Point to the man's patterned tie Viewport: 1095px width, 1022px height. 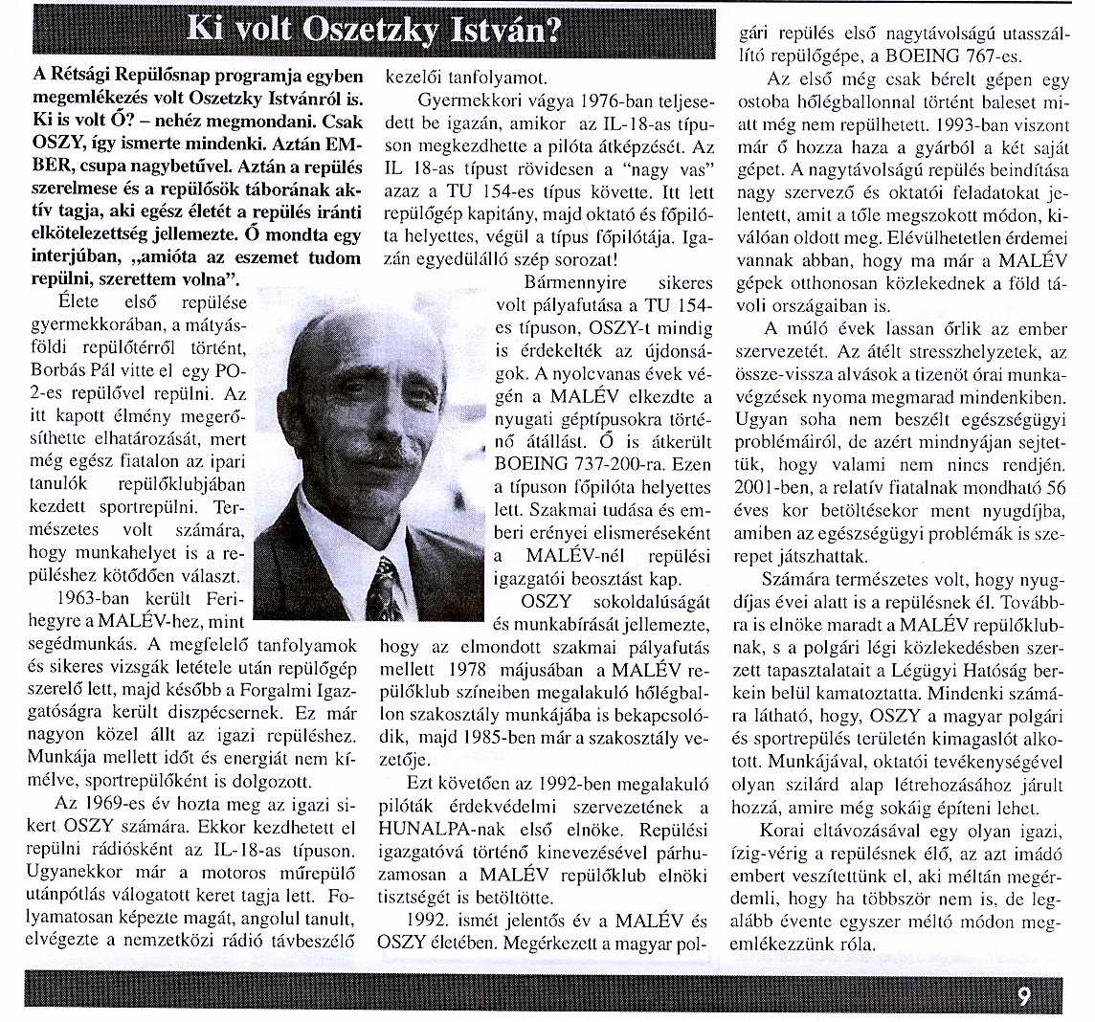click(x=385, y=588)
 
